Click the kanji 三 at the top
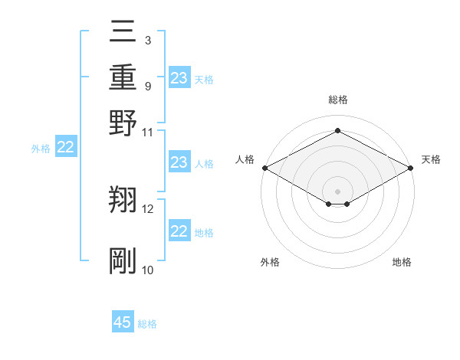pos(123,31)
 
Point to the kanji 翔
pos(123,201)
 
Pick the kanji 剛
pos(123,261)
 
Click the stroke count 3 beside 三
pos(147,40)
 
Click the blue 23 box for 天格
pos(179,78)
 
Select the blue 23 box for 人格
pos(179,162)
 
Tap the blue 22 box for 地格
pos(179,231)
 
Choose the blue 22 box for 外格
pos(66,147)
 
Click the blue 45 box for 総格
pos(123,322)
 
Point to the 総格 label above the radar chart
pos(337,100)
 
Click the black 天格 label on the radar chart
pos(431,159)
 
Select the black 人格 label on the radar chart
pos(245,159)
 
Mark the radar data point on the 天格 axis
pos(411,168)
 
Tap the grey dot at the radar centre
pos(337,190)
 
